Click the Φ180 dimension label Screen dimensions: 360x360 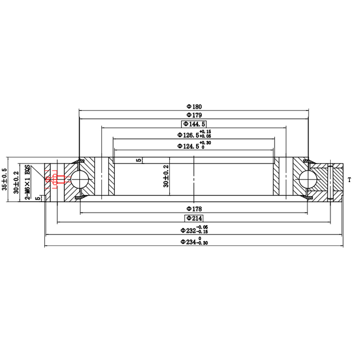[194, 107]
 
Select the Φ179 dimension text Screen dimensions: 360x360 [194, 115]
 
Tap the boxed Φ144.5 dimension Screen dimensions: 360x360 [194, 124]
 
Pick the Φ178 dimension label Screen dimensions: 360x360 [194, 209]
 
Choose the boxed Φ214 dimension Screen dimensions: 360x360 [194, 218]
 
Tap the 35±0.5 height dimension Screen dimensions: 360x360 [5, 179]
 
